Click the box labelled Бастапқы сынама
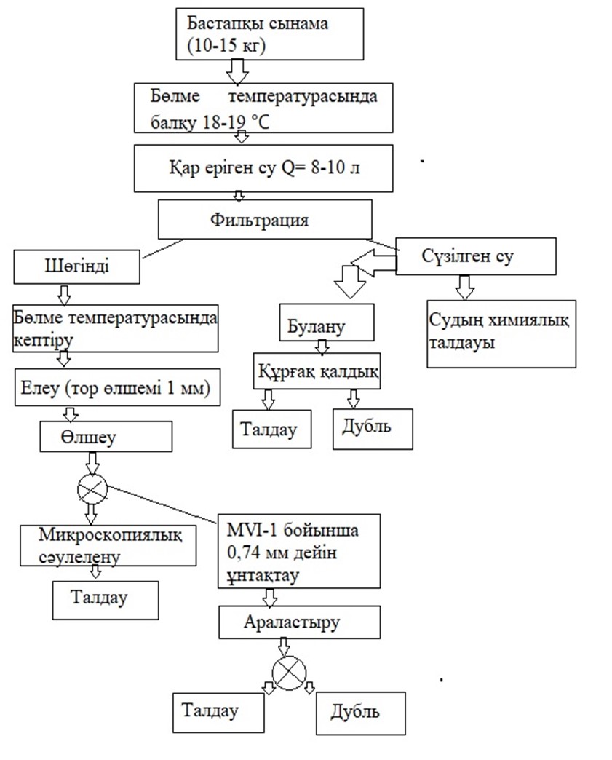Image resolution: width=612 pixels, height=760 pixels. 269,34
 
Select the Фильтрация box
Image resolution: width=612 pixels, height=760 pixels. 265,219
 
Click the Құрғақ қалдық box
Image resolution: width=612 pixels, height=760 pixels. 317,371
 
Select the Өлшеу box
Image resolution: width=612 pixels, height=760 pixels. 106,437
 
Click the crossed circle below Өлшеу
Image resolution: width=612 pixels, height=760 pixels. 92,488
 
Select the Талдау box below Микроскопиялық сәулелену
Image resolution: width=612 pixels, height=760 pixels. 105,599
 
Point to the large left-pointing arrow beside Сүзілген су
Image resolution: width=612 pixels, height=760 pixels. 371,261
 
